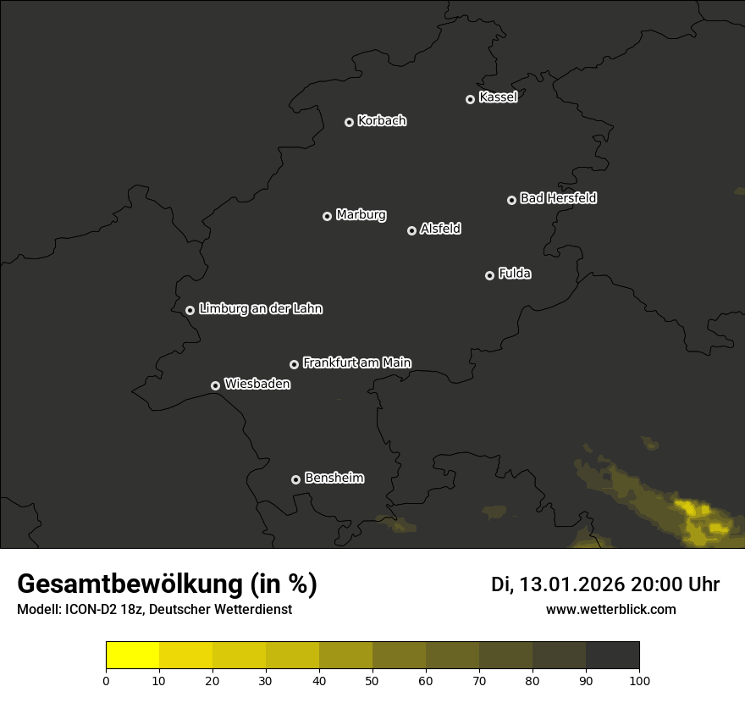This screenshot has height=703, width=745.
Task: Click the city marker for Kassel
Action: point(471,99)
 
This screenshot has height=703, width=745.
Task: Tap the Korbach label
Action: point(382,121)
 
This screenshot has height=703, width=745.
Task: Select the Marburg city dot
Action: point(328,216)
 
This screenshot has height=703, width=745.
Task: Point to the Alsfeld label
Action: point(440,229)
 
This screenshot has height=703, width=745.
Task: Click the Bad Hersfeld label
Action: point(558,198)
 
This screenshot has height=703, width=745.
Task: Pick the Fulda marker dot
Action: point(489,275)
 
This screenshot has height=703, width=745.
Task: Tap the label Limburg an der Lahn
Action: point(261,309)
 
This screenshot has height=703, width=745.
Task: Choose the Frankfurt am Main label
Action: point(356,363)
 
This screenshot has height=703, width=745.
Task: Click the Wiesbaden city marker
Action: point(216,385)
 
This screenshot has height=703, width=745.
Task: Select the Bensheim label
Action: point(334,478)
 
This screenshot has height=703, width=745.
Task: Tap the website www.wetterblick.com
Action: point(610,610)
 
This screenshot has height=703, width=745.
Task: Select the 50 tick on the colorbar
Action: point(372,679)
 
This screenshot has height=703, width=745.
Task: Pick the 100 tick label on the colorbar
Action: point(639,679)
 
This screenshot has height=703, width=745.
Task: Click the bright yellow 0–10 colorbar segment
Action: point(133,656)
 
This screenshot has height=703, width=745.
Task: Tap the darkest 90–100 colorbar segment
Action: point(612,656)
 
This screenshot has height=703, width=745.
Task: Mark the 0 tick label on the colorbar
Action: point(106,679)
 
